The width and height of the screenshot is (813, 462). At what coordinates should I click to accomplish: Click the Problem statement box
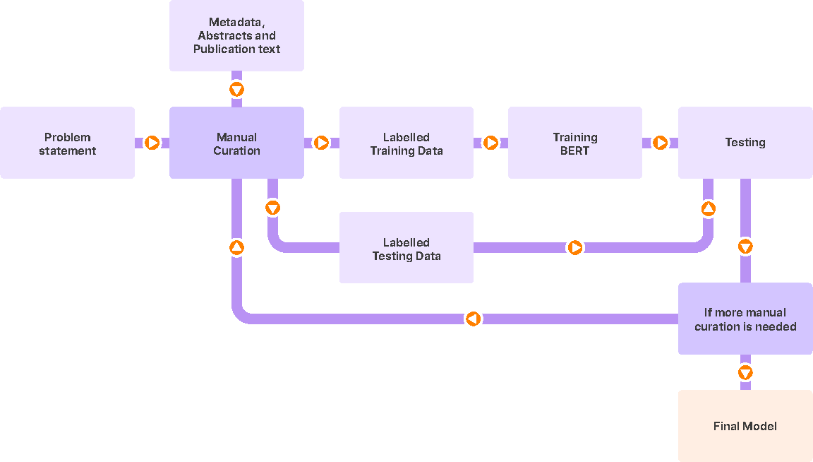click(x=67, y=143)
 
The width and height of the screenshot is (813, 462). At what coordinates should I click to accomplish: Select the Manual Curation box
click(x=236, y=143)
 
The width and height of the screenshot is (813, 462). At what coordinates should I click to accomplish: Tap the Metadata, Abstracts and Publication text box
click(x=236, y=36)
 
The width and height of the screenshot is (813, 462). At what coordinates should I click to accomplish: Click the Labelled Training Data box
click(x=406, y=143)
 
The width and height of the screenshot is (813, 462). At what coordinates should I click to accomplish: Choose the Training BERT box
click(x=575, y=143)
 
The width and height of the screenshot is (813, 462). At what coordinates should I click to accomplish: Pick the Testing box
click(x=745, y=143)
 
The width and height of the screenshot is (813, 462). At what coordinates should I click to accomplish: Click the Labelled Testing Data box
click(x=406, y=248)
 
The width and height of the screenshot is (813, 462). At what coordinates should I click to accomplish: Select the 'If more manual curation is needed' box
click(x=745, y=319)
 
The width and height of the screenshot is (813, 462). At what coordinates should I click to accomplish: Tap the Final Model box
click(x=745, y=425)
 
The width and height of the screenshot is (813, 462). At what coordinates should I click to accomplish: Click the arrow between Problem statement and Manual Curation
click(x=152, y=143)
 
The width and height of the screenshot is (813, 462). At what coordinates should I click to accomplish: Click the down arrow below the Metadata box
click(x=236, y=90)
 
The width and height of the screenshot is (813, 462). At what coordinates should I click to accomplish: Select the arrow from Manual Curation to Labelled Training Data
click(x=321, y=143)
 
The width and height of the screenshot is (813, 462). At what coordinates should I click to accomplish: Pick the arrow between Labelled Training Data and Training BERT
click(x=490, y=143)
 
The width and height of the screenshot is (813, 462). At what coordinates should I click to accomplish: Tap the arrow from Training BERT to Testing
click(x=660, y=143)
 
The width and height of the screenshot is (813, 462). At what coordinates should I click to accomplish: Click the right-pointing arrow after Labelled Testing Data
click(x=575, y=248)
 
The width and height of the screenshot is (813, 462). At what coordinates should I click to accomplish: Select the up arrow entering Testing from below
click(x=708, y=209)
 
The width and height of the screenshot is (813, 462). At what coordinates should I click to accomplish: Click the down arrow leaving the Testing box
click(x=745, y=247)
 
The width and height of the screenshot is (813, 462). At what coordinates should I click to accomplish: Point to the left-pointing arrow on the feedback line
click(x=474, y=319)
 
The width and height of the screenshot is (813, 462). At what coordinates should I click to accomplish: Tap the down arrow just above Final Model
click(x=745, y=372)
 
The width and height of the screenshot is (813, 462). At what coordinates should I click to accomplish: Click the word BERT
click(x=575, y=150)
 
